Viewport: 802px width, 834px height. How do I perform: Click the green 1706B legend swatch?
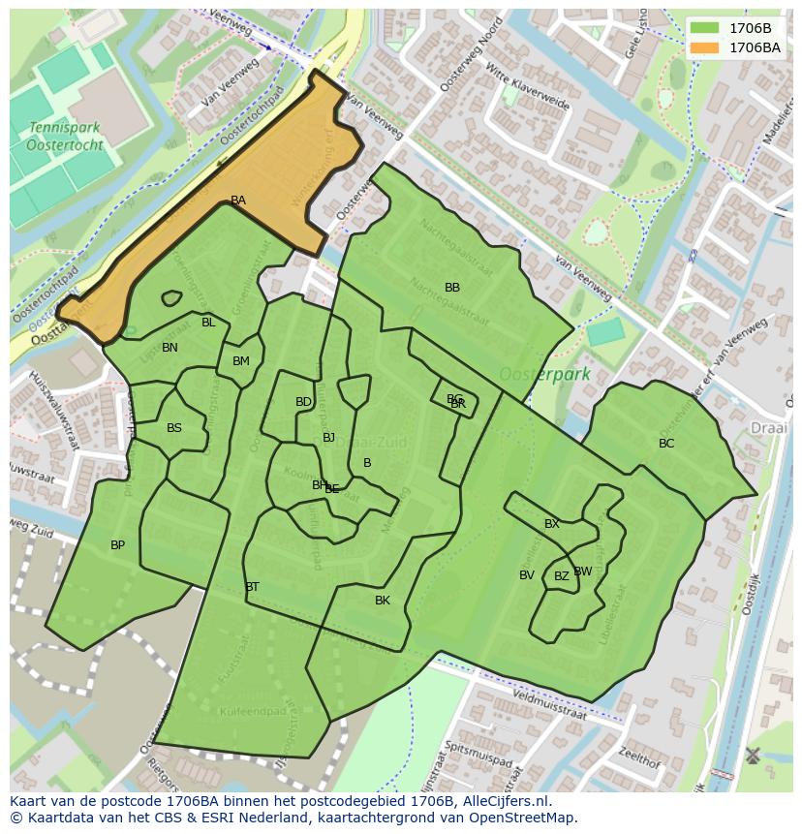click(x=705, y=29)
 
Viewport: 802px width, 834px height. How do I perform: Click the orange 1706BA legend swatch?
click(x=705, y=47)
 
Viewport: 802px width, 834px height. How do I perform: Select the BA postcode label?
click(x=238, y=201)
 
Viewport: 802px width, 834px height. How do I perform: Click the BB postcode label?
click(x=452, y=288)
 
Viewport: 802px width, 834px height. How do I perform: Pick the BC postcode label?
click(x=666, y=444)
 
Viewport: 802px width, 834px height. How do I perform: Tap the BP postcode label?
click(x=117, y=545)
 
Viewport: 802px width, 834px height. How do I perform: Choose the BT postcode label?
click(x=252, y=587)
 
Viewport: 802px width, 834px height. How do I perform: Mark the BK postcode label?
click(x=383, y=601)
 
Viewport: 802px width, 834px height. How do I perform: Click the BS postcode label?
click(x=174, y=428)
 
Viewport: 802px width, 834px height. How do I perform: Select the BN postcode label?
click(x=170, y=348)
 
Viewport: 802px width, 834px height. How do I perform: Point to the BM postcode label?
click(x=241, y=361)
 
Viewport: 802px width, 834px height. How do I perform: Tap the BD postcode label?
click(x=303, y=402)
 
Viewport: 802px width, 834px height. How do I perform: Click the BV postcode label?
click(x=527, y=575)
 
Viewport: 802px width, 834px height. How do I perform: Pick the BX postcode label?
click(x=552, y=524)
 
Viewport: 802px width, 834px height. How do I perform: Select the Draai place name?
click(x=769, y=427)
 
